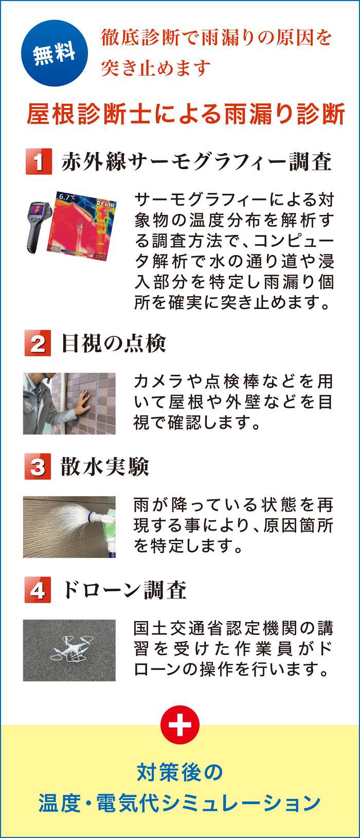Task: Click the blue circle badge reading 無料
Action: point(55,53)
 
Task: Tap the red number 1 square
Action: point(39,161)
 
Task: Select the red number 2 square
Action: point(38,343)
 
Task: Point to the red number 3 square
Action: point(38,466)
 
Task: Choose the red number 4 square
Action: point(38,590)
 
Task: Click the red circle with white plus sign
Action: point(180,725)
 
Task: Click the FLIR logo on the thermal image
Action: point(105,204)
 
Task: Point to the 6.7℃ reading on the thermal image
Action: point(67,197)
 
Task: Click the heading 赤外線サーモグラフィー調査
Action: point(197,162)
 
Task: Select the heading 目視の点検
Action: point(113,343)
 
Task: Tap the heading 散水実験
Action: point(105,467)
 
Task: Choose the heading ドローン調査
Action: point(124,590)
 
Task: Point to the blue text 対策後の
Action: point(179,773)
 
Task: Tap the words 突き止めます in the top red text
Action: point(156,68)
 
